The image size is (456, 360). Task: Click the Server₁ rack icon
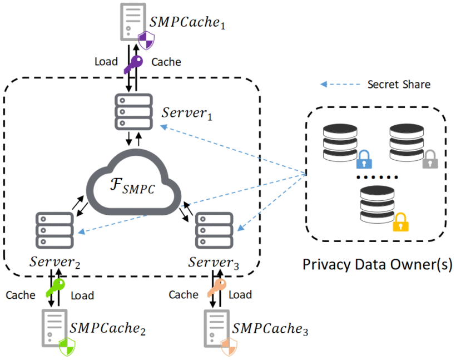pyautogui.click(x=133, y=112)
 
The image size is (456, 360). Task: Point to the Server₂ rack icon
pyautogui.click(x=54, y=230)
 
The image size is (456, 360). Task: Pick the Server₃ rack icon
pyautogui.click(x=215, y=230)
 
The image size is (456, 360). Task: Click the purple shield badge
pyautogui.click(x=146, y=40)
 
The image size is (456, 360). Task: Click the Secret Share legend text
pyautogui.click(x=399, y=85)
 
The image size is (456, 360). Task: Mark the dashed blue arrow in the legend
pyautogui.click(x=339, y=85)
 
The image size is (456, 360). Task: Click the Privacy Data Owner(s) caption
pyautogui.click(x=377, y=264)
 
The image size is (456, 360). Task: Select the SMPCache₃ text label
pyautogui.click(x=270, y=329)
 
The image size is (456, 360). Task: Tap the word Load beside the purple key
pyautogui.click(x=106, y=62)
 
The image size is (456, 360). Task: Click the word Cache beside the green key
pyautogui.click(x=21, y=295)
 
